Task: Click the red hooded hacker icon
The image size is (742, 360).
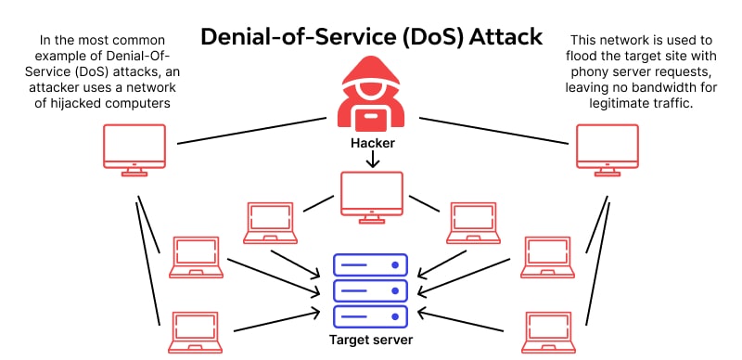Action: tap(373, 94)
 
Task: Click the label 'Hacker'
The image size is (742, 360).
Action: tap(373, 143)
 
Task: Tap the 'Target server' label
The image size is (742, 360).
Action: tap(370, 340)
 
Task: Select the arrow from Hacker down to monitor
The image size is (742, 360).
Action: tap(373, 160)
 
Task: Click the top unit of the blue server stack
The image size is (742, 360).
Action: tap(370, 264)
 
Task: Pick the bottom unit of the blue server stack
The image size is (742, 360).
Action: tap(370, 316)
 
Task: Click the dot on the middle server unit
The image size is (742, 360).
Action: tap(395, 290)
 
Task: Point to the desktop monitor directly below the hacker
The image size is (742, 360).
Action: tap(372, 198)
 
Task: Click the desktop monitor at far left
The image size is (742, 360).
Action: tap(134, 150)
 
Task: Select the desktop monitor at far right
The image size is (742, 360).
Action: tap(608, 150)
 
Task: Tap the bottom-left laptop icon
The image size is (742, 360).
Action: tap(196, 332)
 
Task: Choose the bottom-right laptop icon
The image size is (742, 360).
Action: tap(548, 332)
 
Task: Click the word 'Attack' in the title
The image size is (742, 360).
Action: tap(505, 37)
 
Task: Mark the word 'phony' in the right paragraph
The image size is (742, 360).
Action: tap(589, 71)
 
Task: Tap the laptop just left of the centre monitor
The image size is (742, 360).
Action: tap(270, 223)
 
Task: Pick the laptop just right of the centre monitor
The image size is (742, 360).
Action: tap(473, 223)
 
